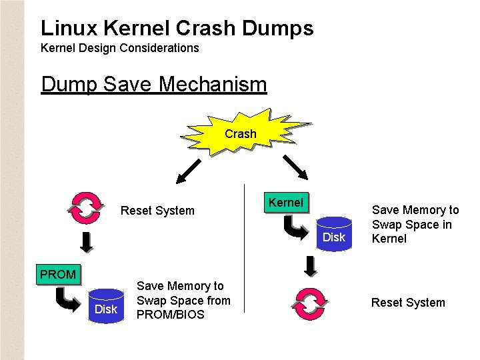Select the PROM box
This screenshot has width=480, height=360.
point(57,274)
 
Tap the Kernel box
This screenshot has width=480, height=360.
point(286,203)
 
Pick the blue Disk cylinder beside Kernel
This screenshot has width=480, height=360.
point(334,234)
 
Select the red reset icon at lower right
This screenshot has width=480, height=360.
point(309,303)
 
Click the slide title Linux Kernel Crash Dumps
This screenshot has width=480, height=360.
point(177,28)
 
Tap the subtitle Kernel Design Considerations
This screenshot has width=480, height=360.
point(120,48)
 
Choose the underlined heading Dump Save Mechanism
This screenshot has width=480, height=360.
point(153,85)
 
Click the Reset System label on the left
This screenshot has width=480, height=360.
point(157,211)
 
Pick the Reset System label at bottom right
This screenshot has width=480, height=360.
point(407,303)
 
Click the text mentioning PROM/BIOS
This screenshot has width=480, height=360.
point(183,300)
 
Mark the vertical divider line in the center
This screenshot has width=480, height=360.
point(244,247)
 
